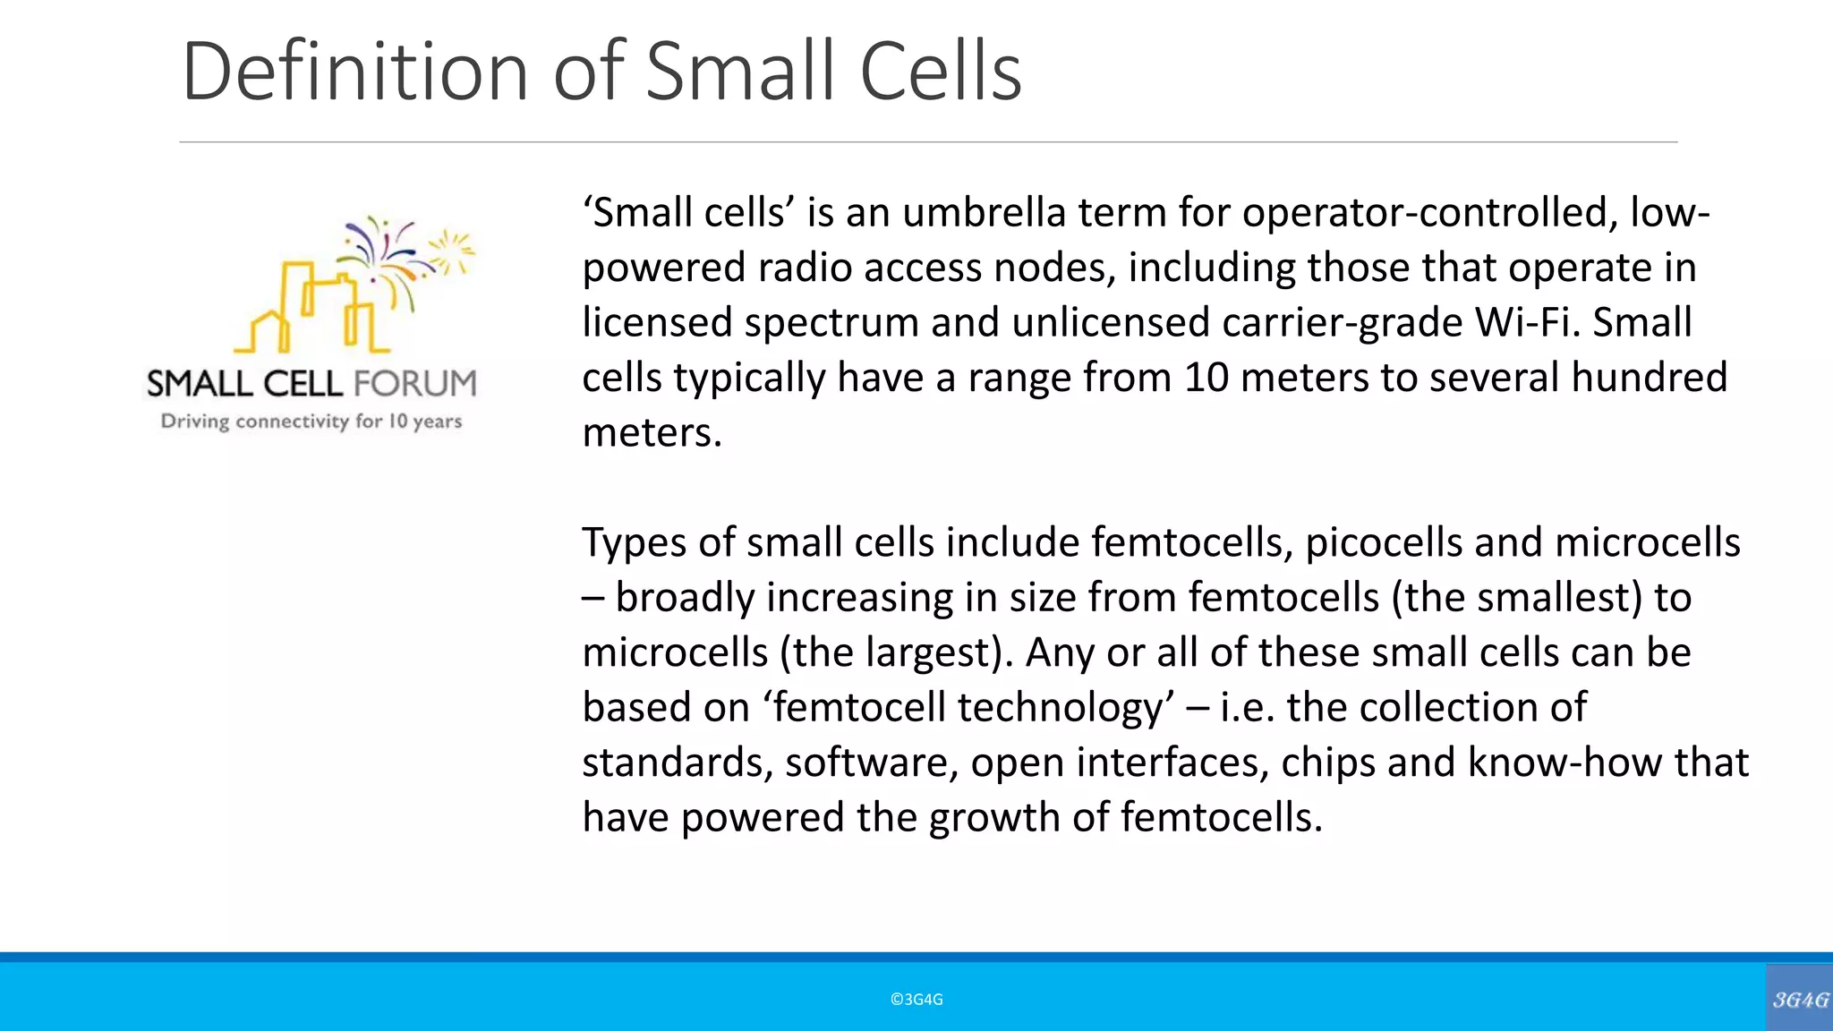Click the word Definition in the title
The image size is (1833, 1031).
(x=354, y=72)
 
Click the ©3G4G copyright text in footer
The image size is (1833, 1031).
(x=916, y=1000)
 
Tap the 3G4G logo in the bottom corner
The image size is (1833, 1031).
(x=1800, y=999)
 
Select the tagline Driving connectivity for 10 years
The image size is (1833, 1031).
(x=311, y=422)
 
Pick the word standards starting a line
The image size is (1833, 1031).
(x=677, y=763)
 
